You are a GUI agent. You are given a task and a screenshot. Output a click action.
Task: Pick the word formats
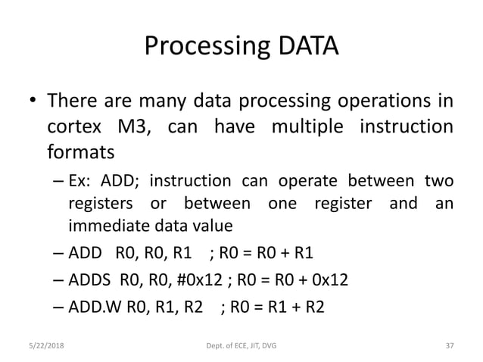click(x=81, y=152)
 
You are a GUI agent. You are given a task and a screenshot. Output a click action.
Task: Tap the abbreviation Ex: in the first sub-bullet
click(x=81, y=182)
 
